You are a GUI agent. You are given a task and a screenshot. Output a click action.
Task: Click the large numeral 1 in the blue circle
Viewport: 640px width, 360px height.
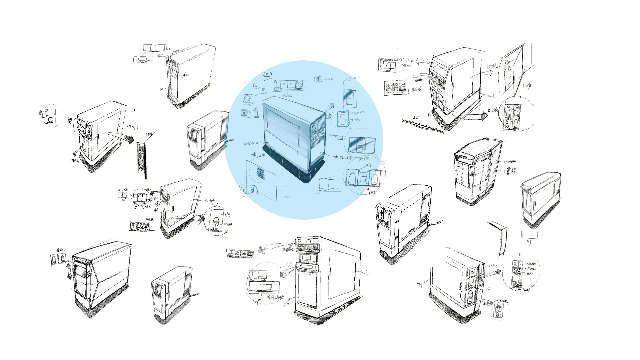[256, 113]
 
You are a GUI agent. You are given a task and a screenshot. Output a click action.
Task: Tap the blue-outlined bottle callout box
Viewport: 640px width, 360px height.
[343, 119]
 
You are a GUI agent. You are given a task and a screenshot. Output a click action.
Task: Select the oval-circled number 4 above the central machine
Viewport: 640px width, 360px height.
[267, 74]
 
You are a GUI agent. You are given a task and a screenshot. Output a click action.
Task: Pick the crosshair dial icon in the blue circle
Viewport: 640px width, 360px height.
[247, 98]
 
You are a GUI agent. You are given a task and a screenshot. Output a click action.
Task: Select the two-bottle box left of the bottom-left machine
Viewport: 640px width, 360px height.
[58, 259]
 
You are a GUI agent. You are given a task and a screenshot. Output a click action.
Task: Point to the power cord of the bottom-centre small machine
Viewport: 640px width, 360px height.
[195, 295]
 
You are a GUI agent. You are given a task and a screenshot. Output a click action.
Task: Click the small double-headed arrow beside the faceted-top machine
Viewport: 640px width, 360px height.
[508, 171]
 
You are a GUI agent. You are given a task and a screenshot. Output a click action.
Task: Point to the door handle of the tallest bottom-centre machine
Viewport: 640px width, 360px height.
[330, 275]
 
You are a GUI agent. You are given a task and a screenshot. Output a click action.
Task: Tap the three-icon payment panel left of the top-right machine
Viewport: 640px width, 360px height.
[396, 87]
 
